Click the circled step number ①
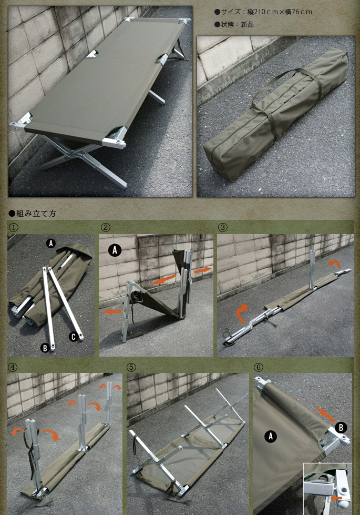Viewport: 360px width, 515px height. click(14, 227)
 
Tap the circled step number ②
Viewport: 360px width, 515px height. click(105, 227)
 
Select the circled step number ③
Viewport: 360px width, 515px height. click(222, 227)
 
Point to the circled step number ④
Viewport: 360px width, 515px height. click(14, 367)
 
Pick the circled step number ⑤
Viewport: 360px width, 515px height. click(131, 367)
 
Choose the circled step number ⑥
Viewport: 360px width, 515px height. click(258, 367)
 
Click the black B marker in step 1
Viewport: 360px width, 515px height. click(45, 348)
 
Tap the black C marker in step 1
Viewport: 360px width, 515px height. click(73, 337)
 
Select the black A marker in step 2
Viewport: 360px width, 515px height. click(115, 250)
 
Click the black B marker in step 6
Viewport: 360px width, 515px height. click(341, 428)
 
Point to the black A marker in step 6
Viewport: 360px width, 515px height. click(271, 436)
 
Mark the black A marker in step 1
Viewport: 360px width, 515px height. click(50, 244)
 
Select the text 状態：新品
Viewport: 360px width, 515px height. click(237, 24)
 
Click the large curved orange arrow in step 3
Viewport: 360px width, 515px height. click(241, 312)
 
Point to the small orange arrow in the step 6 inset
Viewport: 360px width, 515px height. click(336, 498)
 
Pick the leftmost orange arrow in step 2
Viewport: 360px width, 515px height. click(112, 311)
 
